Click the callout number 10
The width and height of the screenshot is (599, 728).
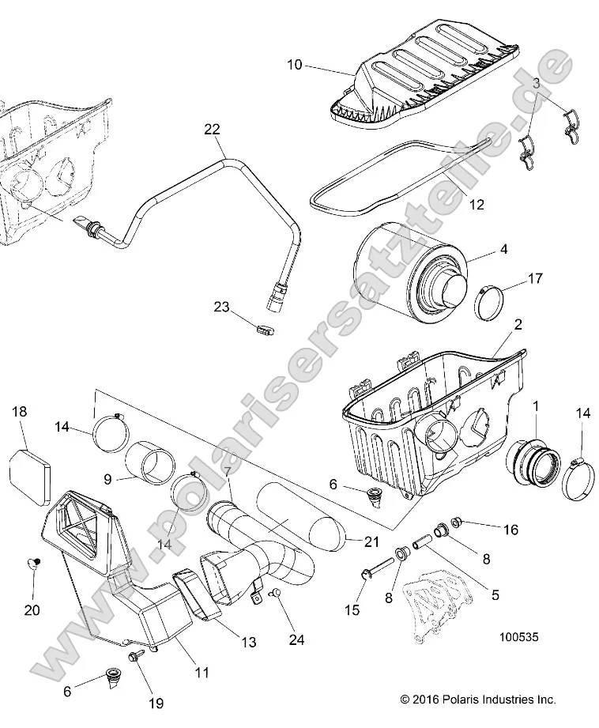294,65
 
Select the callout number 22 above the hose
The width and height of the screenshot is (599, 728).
212,129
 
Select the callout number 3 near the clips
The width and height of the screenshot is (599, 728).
537,83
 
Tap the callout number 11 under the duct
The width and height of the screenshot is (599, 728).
202,673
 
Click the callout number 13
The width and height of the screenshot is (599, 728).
248,643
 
